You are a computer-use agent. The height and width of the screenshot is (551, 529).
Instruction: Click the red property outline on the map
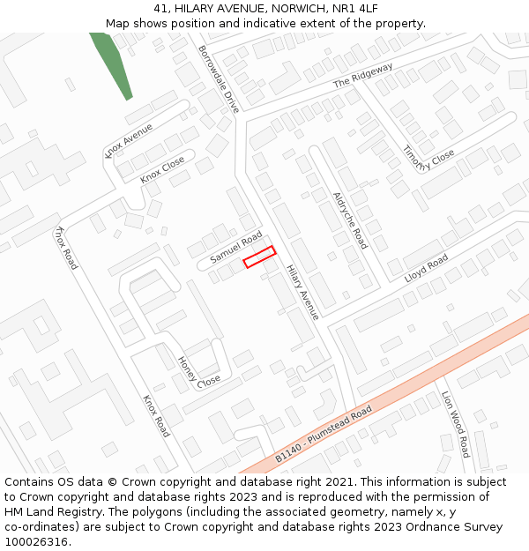click(259, 257)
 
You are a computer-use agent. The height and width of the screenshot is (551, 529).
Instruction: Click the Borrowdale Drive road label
click(219, 79)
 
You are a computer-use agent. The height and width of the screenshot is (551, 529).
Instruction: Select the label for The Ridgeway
click(362, 76)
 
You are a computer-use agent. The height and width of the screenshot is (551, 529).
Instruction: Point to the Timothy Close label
click(428, 160)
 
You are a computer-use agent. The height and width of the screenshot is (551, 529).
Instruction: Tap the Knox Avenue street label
click(129, 140)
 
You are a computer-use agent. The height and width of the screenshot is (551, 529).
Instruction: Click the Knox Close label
click(163, 169)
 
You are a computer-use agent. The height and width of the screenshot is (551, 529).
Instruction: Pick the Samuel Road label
click(236, 248)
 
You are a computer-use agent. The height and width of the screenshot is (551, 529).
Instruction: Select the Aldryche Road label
click(350, 220)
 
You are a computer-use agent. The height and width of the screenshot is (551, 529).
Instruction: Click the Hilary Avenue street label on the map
click(302, 293)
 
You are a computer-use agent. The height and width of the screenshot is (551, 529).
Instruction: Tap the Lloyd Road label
click(426, 269)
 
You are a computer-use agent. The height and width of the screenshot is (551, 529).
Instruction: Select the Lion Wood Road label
click(456, 424)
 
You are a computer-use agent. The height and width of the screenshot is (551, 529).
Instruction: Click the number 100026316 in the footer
click(37, 542)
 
